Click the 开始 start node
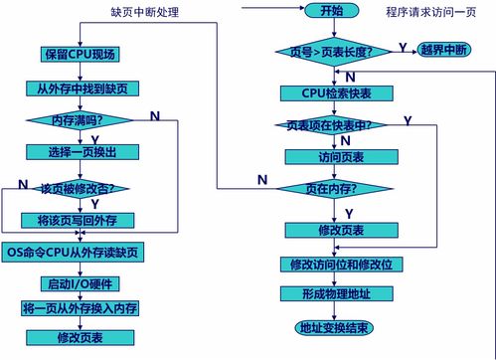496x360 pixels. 331,11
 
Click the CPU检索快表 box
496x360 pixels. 331,92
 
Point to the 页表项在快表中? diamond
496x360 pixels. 331,126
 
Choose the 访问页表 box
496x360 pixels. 331,157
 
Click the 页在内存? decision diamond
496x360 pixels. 331,189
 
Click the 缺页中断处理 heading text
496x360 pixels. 151,13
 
